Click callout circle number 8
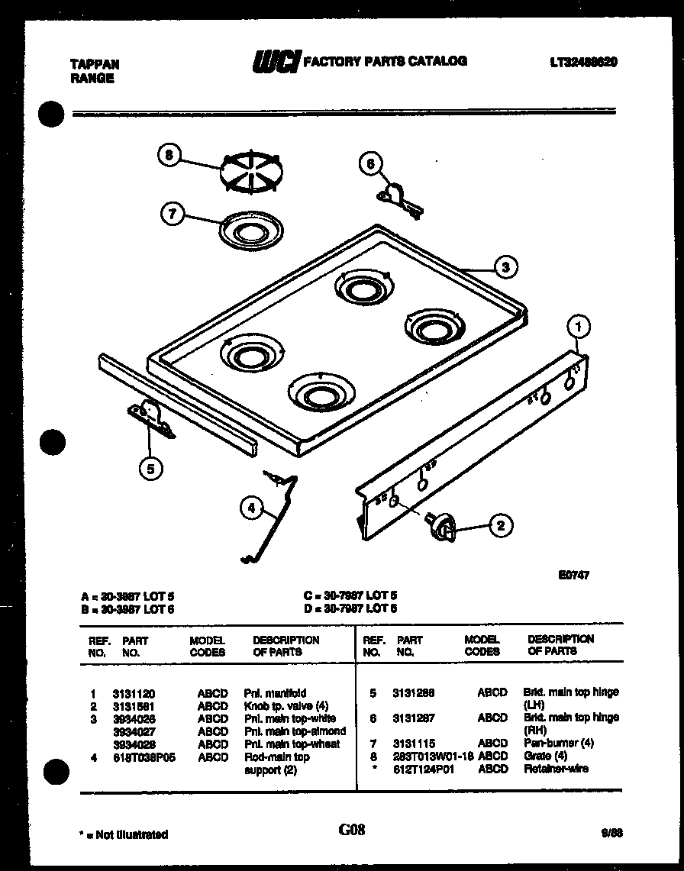(169, 155)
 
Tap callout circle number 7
(173, 215)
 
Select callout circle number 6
(370, 163)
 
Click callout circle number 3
(504, 266)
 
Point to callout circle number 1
(579, 327)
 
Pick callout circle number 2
(500, 524)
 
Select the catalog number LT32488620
(582, 63)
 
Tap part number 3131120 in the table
(134, 694)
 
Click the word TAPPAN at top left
(95, 65)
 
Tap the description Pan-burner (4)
(558, 743)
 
